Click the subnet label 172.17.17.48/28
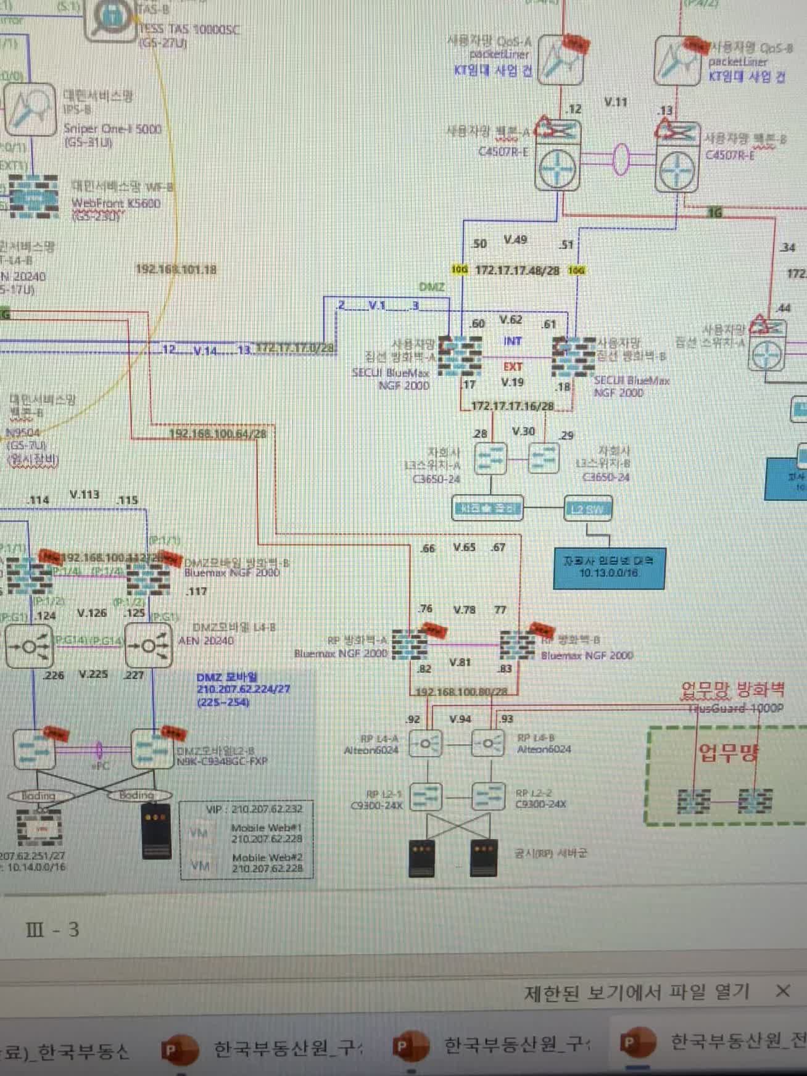[517, 270]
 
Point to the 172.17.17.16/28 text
[513, 406]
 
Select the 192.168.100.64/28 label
[218, 434]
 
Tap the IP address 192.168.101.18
[176, 269]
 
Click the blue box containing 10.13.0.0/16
[608, 568]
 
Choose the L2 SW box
[588, 509]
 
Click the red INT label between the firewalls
[512, 341]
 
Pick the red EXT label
[512, 366]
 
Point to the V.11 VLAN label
[615, 102]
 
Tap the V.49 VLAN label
[515, 240]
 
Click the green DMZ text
[431, 287]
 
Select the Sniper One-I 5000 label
[112, 129]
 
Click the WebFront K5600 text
[116, 203]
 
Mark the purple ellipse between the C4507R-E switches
[621, 159]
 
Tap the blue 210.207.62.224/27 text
[243, 689]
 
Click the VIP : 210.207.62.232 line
[254, 809]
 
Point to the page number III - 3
[53, 929]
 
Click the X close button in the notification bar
[782, 991]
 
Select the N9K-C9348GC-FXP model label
[222, 761]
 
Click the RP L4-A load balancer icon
[426, 743]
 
